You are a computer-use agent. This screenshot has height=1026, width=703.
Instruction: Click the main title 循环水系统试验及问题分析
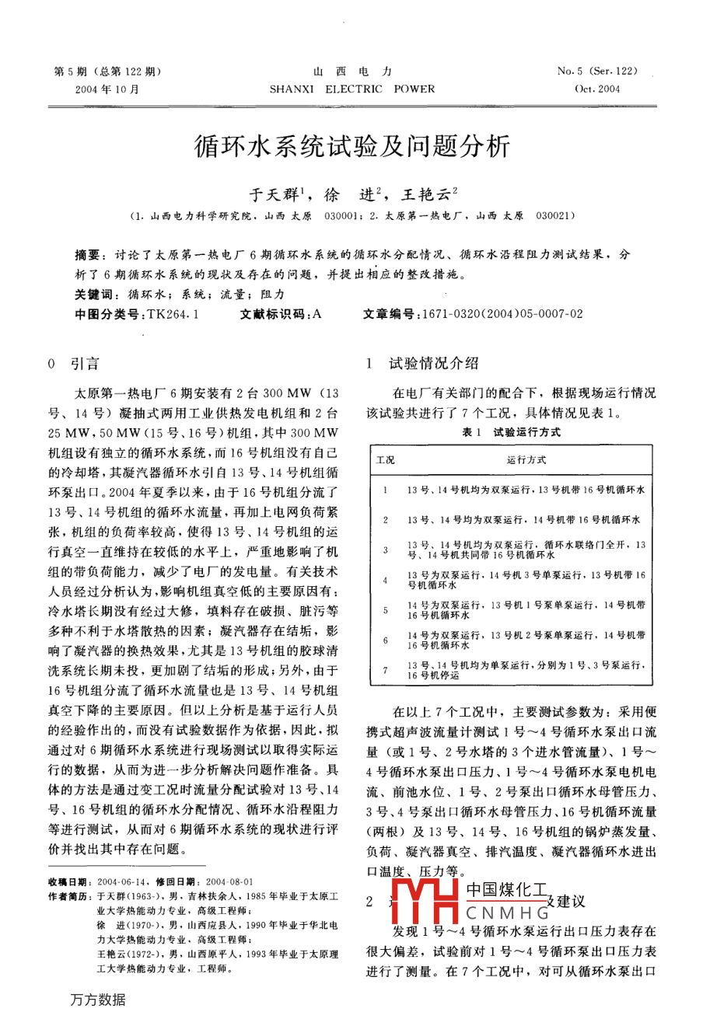point(351,147)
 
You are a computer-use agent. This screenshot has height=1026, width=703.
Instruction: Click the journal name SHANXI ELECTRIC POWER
point(352,89)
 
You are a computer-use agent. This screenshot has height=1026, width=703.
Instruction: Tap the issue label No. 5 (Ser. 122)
point(597,72)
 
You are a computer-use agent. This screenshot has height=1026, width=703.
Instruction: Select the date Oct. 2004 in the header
point(597,89)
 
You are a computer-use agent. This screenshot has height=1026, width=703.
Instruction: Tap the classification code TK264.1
point(173,314)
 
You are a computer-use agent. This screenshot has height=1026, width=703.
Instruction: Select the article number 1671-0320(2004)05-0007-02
point(501,314)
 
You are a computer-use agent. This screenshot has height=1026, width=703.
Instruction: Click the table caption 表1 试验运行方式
point(511,432)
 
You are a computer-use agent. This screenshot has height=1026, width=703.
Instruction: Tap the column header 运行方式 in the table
point(526,460)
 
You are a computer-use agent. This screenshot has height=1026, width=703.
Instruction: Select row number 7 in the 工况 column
point(385,670)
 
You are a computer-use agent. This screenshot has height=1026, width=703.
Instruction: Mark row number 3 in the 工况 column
point(385,550)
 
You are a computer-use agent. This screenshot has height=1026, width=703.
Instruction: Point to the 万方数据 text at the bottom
point(97,1000)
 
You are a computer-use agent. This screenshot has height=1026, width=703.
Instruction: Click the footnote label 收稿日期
point(68,882)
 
